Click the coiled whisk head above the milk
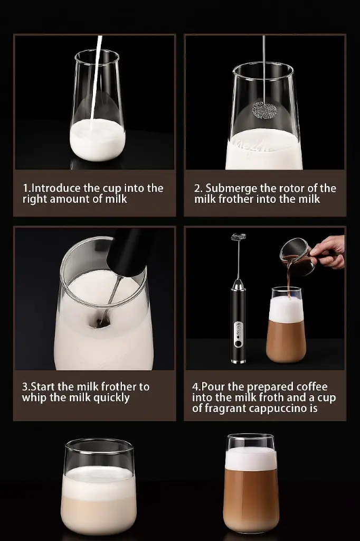click(x=263, y=110)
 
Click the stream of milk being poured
click(x=96, y=83)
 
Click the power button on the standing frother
click(x=238, y=343)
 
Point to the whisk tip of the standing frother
click(x=239, y=237)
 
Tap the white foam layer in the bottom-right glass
click(x=251, y=459)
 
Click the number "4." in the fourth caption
click(x=196, y=387)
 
